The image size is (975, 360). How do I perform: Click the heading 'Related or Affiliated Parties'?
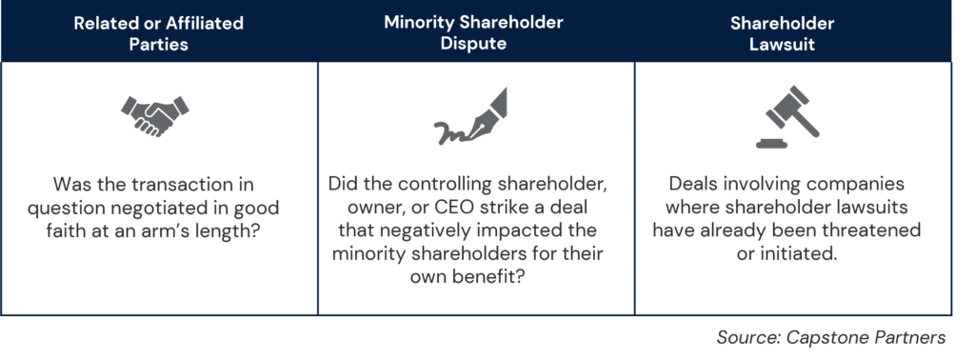coord(159,32)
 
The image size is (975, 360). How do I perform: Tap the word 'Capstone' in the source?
coord(842,337)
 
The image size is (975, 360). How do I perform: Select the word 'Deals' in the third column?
coord(695,184)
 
